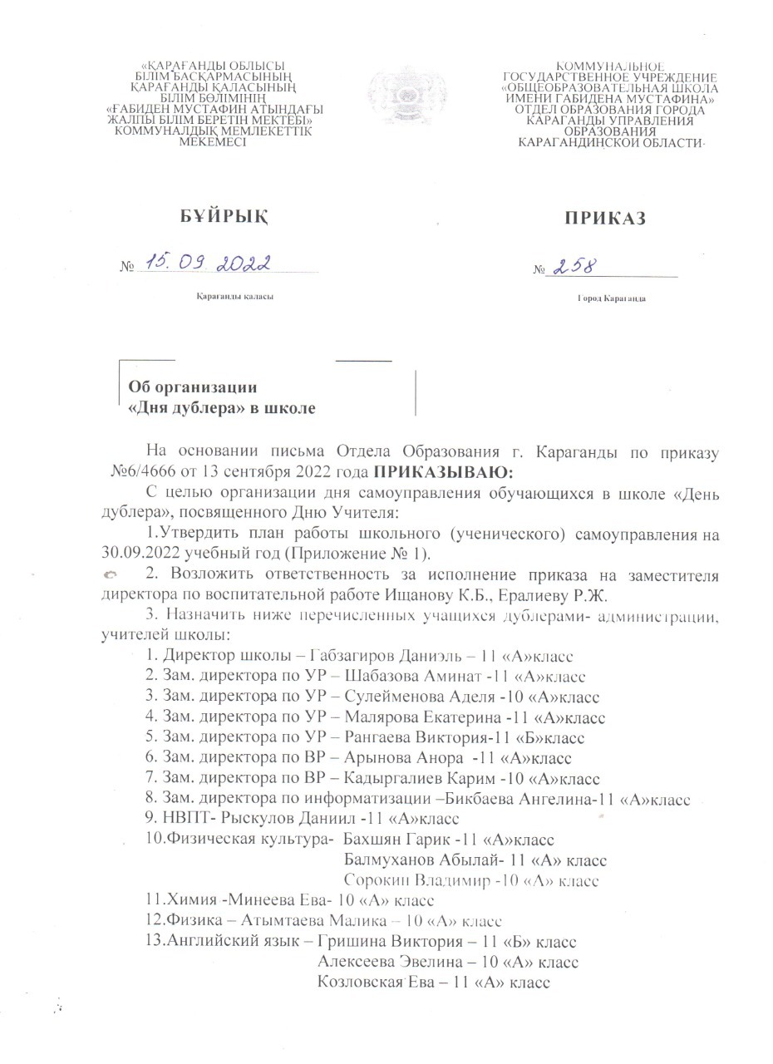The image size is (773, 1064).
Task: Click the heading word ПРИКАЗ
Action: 605,219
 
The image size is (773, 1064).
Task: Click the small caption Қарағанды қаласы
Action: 235,297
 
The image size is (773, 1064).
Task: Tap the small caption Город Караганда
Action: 612,298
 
